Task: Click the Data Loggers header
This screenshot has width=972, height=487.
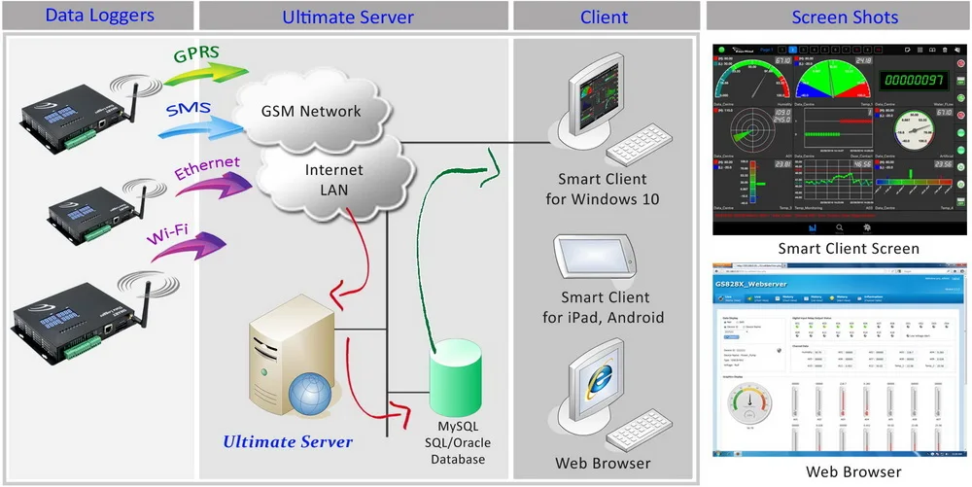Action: click(99, 17)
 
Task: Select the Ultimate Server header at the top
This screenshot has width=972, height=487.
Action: click(348, 17)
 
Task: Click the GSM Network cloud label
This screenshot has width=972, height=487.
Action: click(312, 111)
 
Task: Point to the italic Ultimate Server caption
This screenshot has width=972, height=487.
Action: click(288, 442)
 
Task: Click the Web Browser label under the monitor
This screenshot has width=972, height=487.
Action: click(603, 463)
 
